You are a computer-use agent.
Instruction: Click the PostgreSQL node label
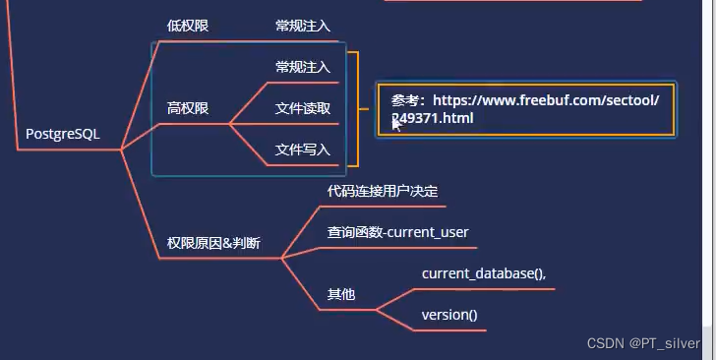tap(63, 134)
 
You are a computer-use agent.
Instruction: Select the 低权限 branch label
tap(188, 26)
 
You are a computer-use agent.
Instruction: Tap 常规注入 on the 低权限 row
tap(303, 26)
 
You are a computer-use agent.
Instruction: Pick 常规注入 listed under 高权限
tap(303, 67)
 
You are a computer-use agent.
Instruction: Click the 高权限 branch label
tap(188, 108)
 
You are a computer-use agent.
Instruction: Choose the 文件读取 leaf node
tap(303, 108)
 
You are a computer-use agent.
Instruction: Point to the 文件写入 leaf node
tap(303, 150)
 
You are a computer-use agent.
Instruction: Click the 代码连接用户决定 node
tap(383, 191)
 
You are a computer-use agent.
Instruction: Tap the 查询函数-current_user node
tap(397, 233)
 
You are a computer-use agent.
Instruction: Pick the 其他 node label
tap(340, 294)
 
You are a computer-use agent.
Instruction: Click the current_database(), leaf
tap(484, 273)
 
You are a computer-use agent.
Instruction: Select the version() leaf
tap(449, 315)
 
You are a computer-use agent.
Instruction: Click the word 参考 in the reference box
tap(405, 100)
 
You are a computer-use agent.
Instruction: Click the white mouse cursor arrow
tap(396, 123)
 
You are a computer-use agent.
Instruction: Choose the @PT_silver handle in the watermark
tap(666, 342)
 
